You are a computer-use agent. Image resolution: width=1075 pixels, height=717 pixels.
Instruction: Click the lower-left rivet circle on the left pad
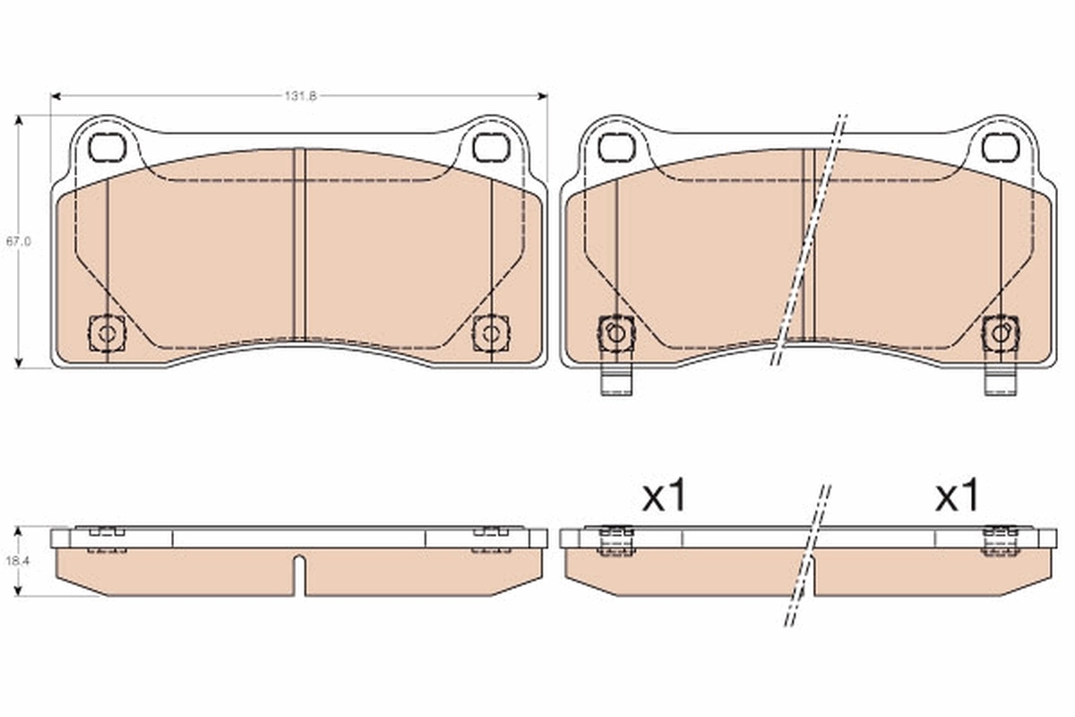[107, 334]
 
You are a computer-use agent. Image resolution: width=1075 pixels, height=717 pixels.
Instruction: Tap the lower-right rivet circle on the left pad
[490, 334]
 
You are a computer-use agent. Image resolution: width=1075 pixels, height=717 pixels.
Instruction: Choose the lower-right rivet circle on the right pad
[1000, 333]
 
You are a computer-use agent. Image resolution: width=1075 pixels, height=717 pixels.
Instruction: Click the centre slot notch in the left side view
[300, 574]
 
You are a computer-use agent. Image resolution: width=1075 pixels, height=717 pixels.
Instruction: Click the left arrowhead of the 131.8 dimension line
[55, 96]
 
